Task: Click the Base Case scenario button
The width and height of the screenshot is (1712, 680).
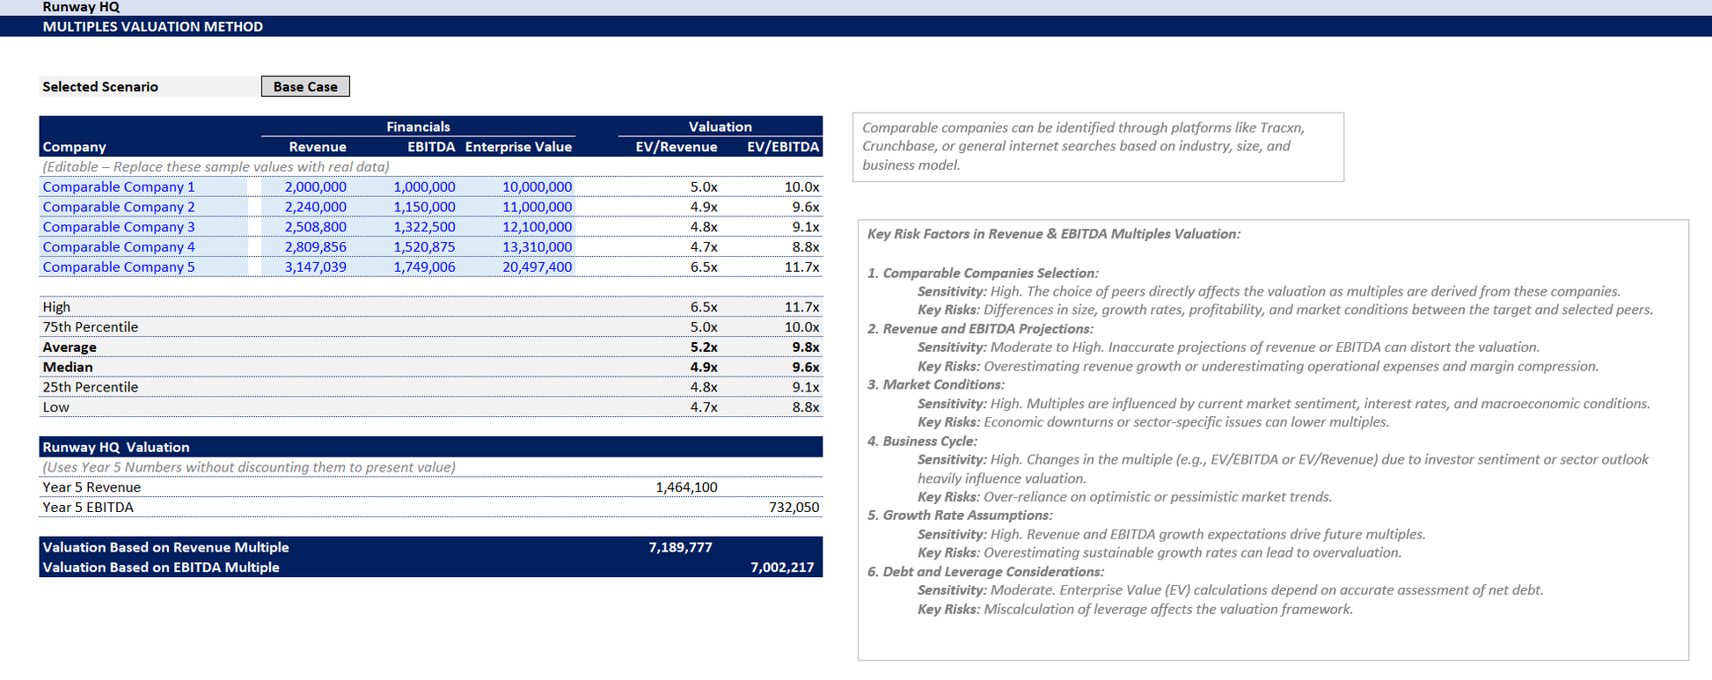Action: (305, 86)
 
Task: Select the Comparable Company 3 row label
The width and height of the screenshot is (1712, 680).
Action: (119, 227)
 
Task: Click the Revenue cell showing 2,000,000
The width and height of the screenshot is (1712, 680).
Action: (315, 186)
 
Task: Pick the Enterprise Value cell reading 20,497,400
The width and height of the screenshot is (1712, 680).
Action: (537, 267)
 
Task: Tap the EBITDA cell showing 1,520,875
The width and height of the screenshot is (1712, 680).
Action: (424, 247)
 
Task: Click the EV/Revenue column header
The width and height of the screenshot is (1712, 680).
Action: (676, 147)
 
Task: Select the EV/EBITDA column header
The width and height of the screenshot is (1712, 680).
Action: (782, 147)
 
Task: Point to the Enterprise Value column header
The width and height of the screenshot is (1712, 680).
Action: (518, 147)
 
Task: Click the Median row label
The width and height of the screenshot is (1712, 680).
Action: (68, 367)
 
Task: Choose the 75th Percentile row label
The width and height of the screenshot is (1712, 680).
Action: (91, 327)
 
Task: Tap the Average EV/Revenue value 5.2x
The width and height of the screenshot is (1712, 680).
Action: (703, 347)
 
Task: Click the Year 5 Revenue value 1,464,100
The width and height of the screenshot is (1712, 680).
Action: (686, 487)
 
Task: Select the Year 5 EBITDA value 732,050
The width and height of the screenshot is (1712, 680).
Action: (794, 508)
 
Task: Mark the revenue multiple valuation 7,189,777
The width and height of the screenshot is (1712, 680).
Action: (680, 547)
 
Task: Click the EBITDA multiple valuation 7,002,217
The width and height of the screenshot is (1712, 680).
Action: (782, 567)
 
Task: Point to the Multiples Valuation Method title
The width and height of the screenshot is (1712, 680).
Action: (153, 26)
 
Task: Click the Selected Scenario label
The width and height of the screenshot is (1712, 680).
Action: (100, 86)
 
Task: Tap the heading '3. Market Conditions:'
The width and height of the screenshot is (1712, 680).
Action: (935, 384)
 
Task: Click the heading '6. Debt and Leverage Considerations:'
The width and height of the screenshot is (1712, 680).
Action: (985, 572)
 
